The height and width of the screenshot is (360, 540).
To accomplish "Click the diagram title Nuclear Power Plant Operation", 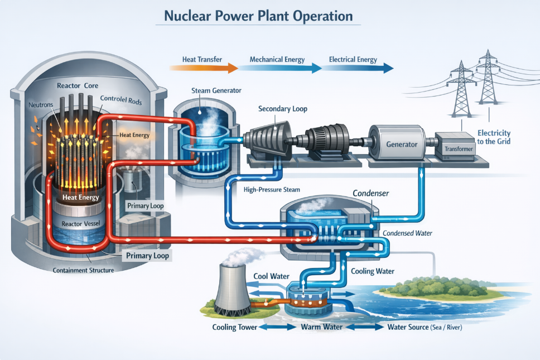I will [258, 16].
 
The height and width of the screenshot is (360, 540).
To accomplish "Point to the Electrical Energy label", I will [353, 59].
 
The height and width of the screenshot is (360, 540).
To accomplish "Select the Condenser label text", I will [370, 193].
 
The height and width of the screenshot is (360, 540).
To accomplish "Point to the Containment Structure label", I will [83, 271].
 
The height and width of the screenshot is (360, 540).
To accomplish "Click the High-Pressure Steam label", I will [272, 190].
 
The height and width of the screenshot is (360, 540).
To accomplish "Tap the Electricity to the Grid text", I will [494, 137].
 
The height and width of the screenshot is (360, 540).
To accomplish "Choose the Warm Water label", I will [321, 327].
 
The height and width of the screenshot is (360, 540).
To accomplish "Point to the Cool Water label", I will [271, 276].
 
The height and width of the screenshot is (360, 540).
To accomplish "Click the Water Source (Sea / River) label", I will [425, 327].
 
